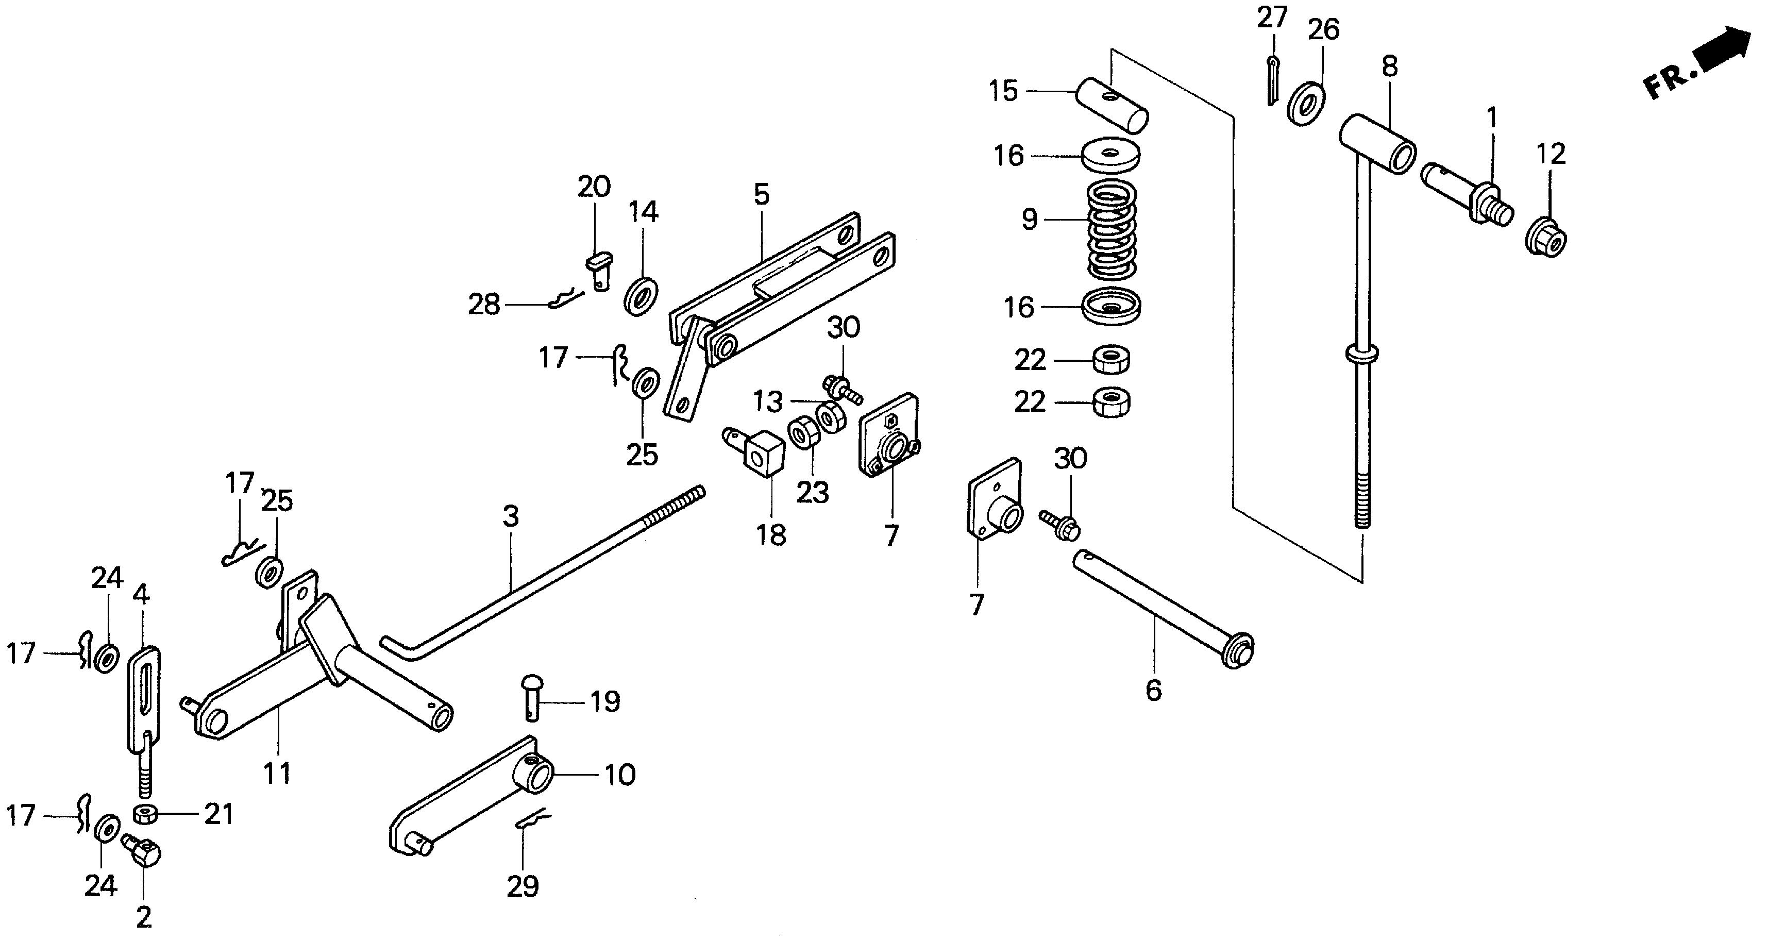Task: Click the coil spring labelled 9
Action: (1113, 230)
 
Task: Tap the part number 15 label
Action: (1003, 91)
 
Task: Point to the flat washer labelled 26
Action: (1305, 103)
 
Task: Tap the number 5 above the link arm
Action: (761, 195)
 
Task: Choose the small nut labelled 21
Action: (145, 814)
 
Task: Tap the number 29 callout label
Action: (523, 886)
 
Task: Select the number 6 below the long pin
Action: (1154, 690)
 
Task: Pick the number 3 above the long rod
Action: (511, 516)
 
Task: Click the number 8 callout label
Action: (1389, 66)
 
